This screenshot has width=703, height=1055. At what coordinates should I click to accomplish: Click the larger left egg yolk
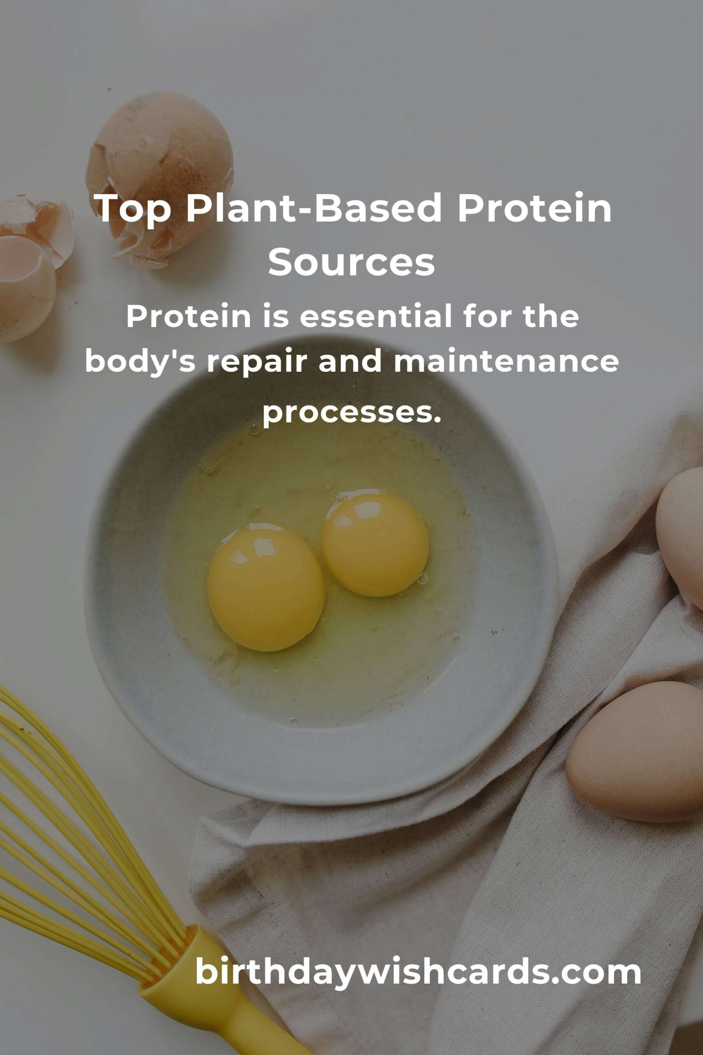tap(266, 589)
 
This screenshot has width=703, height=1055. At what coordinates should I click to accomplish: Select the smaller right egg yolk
tap(375, 544)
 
